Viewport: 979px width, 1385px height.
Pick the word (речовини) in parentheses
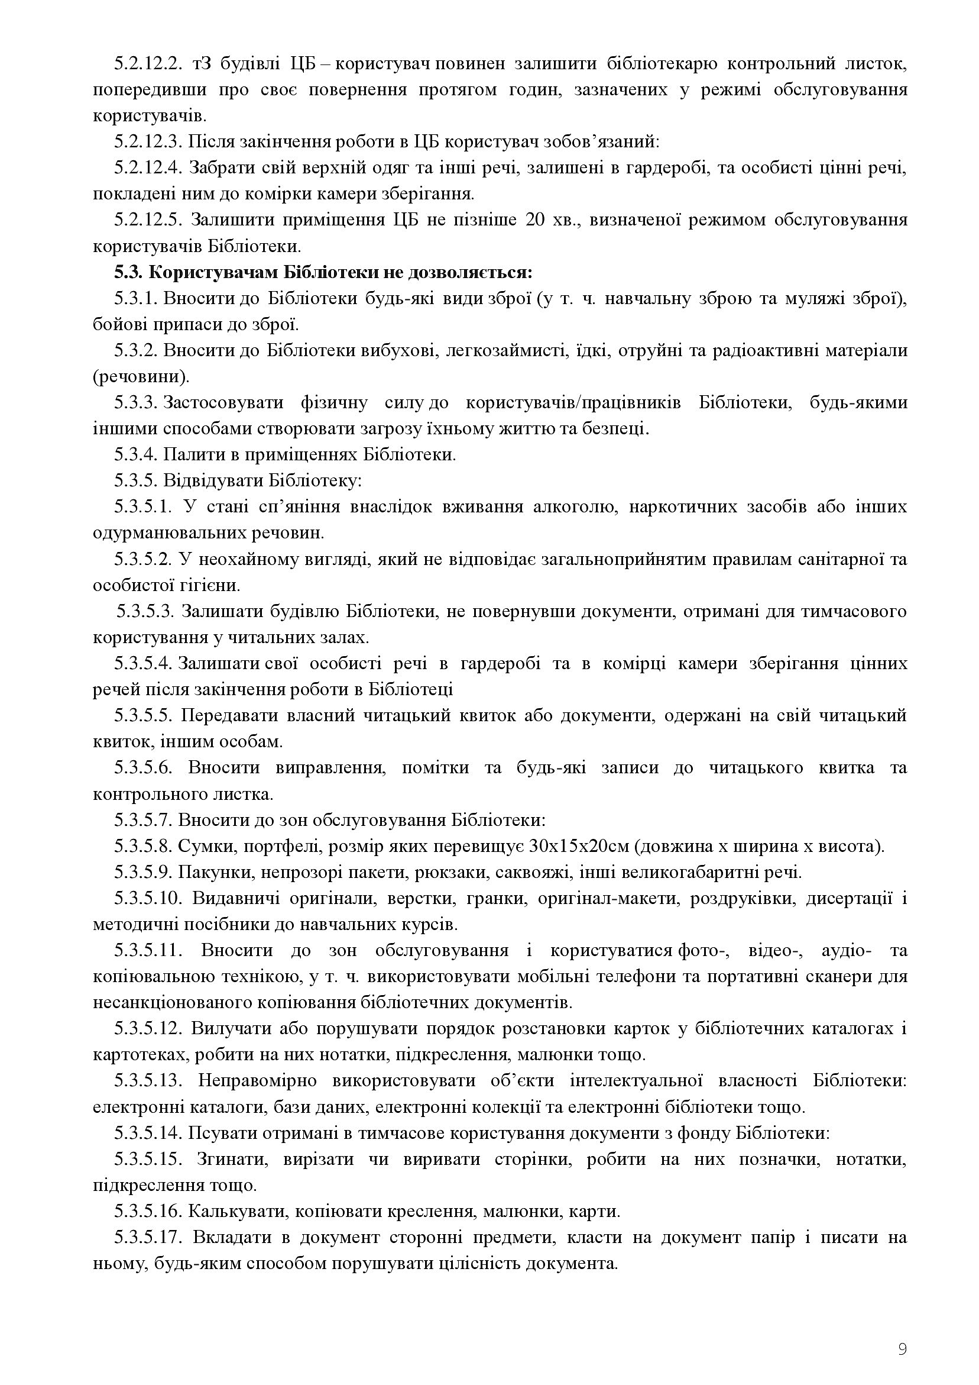(141, 377)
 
